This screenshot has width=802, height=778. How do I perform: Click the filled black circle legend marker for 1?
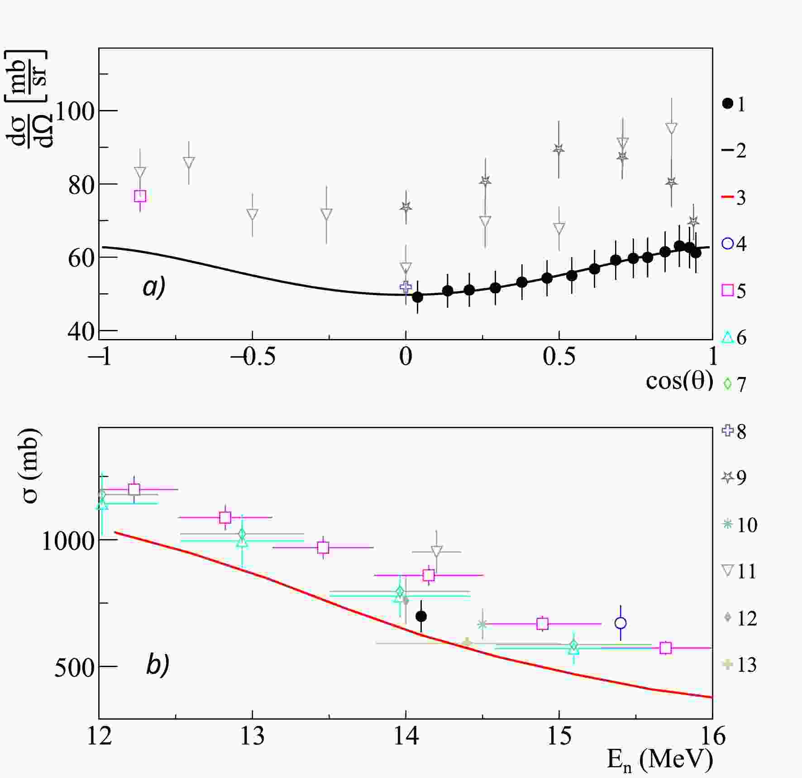(x=727, y=104)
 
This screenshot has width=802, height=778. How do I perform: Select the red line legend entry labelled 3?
(x=727, y=197)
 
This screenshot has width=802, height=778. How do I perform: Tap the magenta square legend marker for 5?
(x=727, y=290)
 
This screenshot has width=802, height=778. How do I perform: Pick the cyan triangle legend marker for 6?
(x=727, y=337)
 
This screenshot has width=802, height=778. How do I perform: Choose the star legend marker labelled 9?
(x=727, y=477)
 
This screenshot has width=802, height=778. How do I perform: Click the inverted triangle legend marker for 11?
(x=727, y=571)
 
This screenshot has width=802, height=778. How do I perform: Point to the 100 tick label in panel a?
(x=75, y=111)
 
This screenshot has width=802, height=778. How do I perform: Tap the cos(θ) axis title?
(x=679, y=381)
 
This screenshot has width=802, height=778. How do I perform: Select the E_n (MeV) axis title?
(x=659, y=759)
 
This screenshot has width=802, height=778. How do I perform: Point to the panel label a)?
(x=154, y=287)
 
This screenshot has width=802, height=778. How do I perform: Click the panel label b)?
(x=158, y=665)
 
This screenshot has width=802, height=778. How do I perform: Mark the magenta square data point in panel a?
(x=140, y=196)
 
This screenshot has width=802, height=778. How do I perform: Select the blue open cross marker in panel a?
(x=406, y=286)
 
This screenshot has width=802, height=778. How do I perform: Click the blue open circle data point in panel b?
(x=621, y=623)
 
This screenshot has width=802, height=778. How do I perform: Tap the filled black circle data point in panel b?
(x=421, y=616)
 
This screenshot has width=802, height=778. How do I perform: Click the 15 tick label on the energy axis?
(x=559, y=737)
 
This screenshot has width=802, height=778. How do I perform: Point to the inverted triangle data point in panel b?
(x=436, y=551)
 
